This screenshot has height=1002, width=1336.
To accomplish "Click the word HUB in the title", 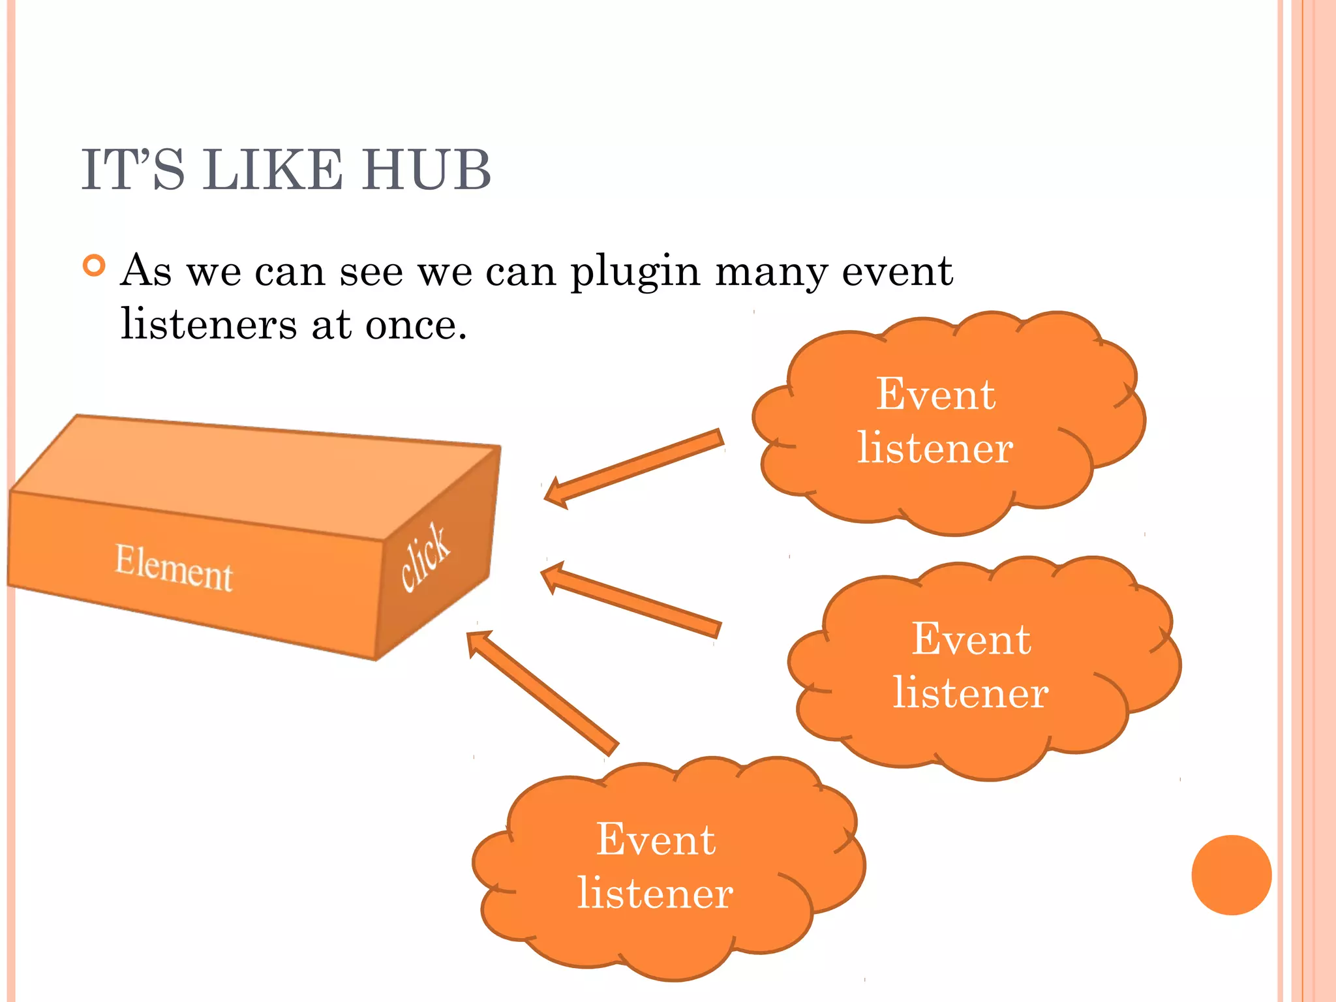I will [x=426, y=170].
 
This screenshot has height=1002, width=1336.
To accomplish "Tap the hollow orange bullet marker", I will [x=95, y=266].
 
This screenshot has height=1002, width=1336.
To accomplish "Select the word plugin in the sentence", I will [x=635, y=271].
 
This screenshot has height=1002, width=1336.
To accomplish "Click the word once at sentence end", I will [x=416, y=325].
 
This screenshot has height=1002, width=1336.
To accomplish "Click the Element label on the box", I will [x=174, y=568].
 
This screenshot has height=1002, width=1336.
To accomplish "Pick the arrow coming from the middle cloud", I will [x=633, y=600].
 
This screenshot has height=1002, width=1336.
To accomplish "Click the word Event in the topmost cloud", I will [x=935, y=395].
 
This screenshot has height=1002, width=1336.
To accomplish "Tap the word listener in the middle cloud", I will [x=971, y=693].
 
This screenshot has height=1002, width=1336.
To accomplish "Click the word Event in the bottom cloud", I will [x=656, y=840].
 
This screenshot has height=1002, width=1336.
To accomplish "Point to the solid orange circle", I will [x=1231, y=875].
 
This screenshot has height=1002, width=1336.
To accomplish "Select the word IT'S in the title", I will [x=133, y=170].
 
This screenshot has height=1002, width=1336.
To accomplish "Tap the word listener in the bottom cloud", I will [x=656, y=893].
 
